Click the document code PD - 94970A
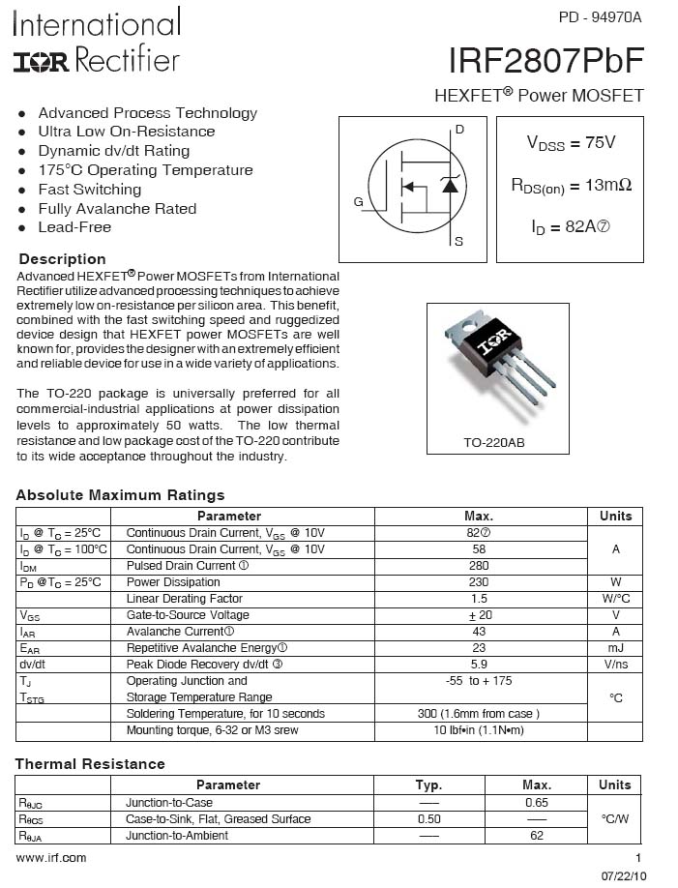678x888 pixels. click(600, 17)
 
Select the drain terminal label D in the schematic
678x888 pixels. click(459, 130)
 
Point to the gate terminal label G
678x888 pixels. click(358, 202)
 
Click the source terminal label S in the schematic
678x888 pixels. click(458, 241)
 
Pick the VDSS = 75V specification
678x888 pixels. click(571, 142)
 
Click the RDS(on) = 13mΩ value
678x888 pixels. click(571, 185)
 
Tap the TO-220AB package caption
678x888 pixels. click(498, 442)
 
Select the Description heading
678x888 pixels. click(63, 259)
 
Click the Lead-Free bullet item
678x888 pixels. click(74, 227)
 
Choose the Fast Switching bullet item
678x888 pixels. click(89, 190)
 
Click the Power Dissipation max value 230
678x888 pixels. click(478, 582)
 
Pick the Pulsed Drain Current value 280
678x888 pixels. click(478, 566)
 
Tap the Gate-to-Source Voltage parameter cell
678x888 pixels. click(188, 615)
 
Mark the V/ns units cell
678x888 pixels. click(615, 665)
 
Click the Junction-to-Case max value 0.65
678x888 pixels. click(536, 803)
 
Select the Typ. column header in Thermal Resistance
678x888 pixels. click(428, 785)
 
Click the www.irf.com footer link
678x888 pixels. click(51, 858)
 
